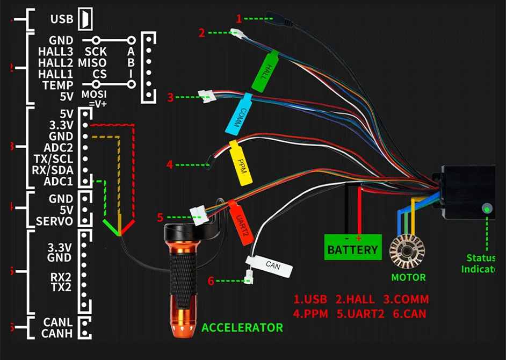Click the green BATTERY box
click(x=352, y=249)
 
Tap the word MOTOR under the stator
click(x=408, y=278)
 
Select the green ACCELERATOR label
click(x=242, y=327)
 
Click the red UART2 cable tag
click(x=240, y=221)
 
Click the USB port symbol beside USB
click(x=85, y=19)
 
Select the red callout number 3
click(x=170, y=97)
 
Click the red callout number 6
click(x=211, y=281)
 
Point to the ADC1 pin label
click(x=60, y=182)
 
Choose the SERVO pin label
click(x=54, y=221)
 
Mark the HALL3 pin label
click(x=55, y=52)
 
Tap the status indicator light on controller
click(x=487, y=208)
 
